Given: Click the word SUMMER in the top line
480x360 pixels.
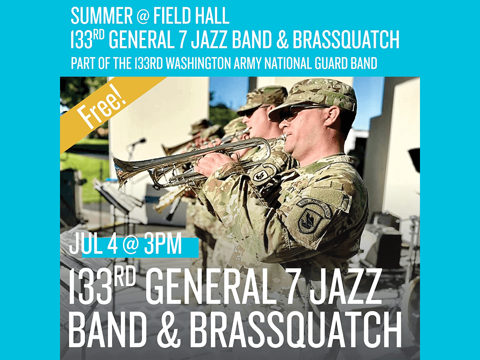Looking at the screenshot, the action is [x=102, y=15].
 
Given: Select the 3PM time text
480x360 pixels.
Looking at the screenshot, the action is [x=163, y=245].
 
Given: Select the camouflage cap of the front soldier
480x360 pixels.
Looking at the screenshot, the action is [x=315, y=97].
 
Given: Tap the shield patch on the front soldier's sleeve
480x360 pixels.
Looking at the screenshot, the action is [x=310, y=220].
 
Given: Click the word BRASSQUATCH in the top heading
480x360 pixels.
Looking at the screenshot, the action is [x=346, y=39].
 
